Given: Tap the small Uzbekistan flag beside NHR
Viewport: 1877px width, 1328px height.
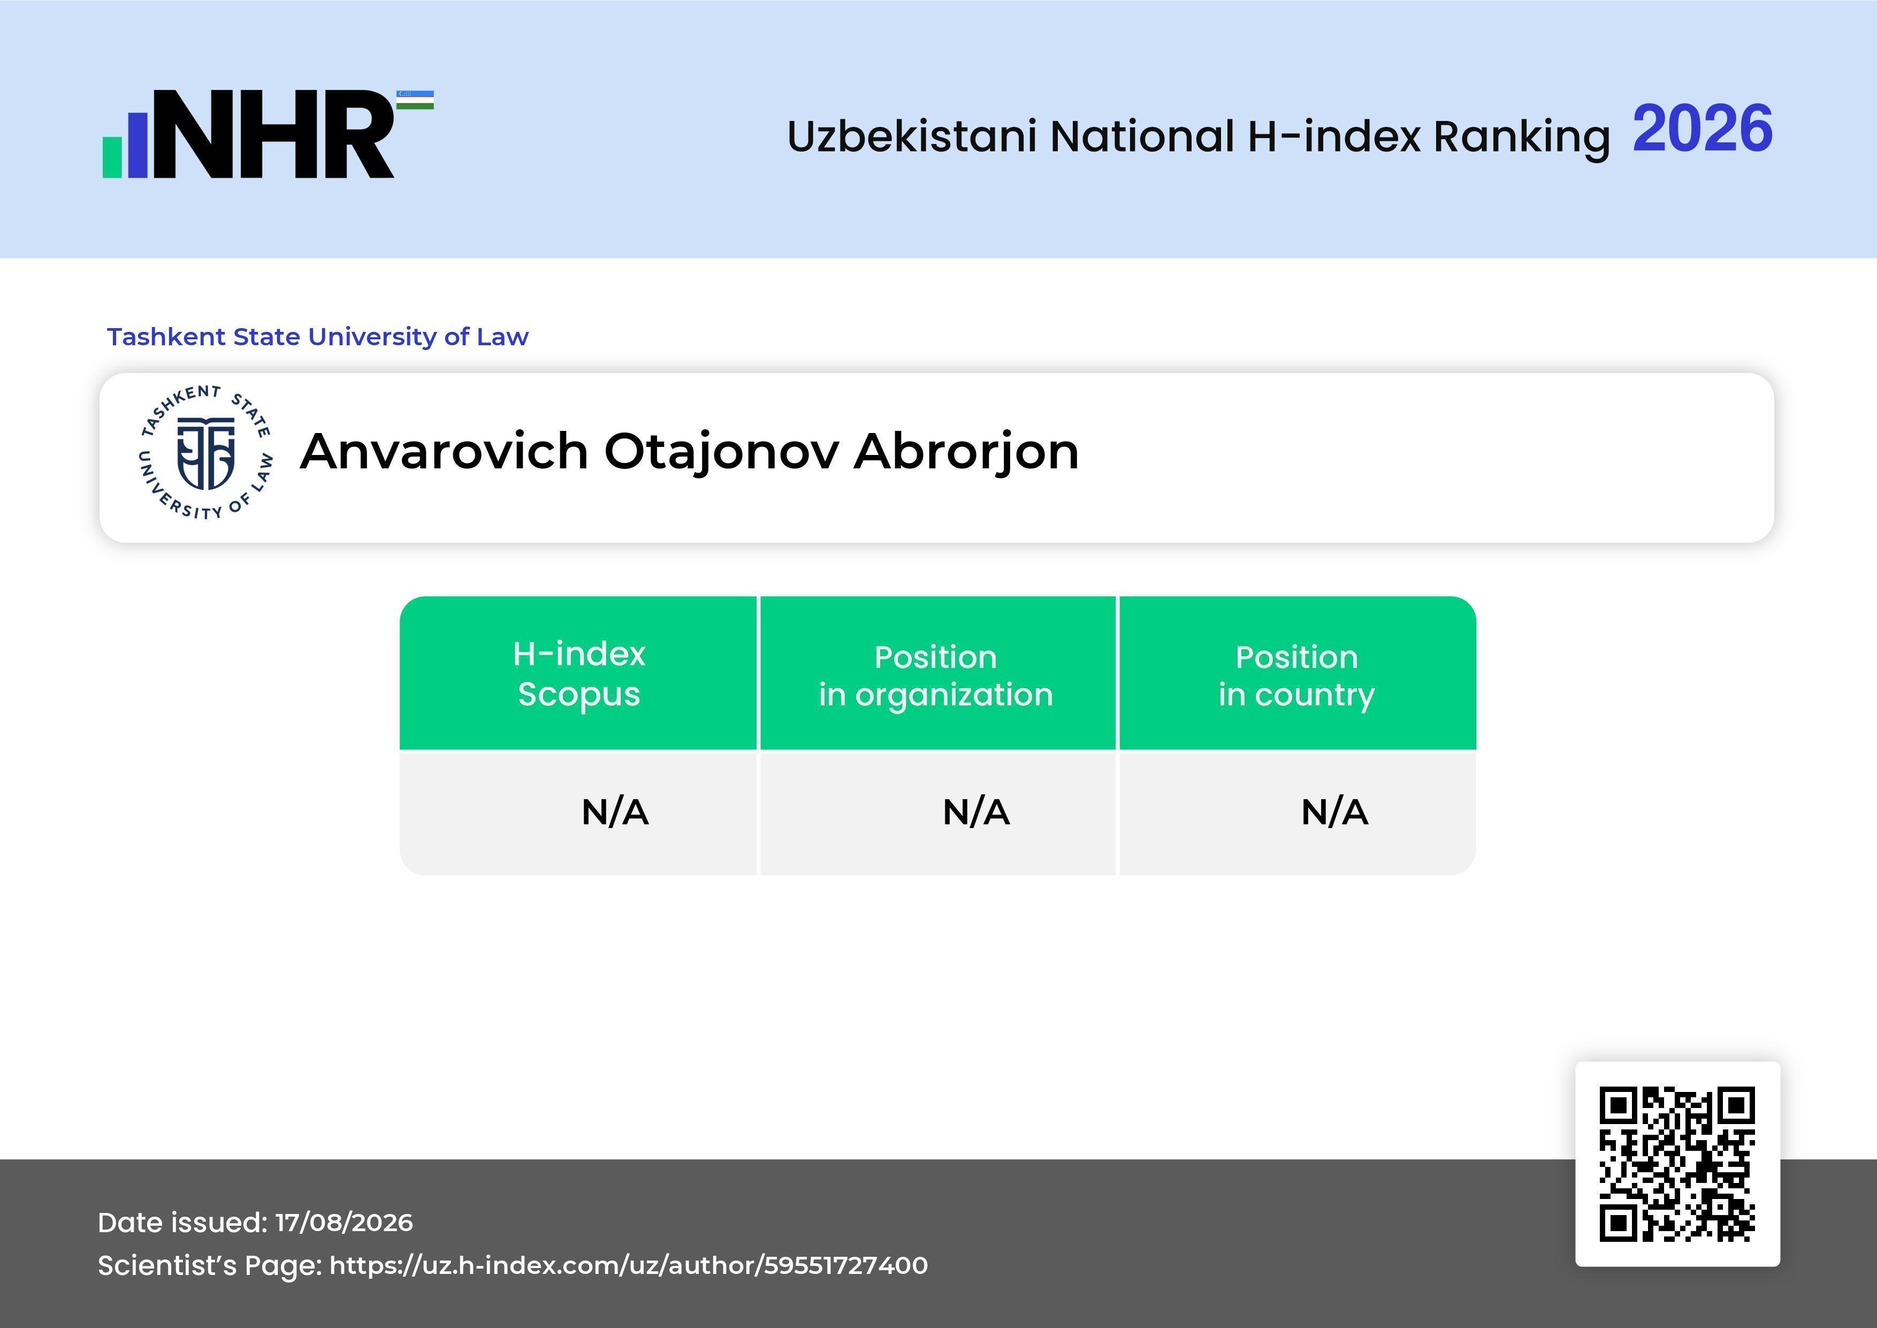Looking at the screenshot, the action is (415, 100).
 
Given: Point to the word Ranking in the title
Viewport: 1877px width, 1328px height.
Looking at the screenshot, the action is (1521, 138).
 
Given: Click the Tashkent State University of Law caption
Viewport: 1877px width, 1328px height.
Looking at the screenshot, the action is (318, 336).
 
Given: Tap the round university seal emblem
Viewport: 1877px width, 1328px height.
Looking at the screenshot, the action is (205, 452).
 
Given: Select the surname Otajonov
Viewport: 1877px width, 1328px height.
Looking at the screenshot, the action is (721, 453).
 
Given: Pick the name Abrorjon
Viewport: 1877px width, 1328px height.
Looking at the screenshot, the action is (966, 453).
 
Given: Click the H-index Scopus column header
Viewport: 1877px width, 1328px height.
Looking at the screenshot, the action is (579, 674).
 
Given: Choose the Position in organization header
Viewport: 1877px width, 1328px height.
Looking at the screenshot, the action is (936, 676).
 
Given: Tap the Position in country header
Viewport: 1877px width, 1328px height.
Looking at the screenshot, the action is (1296, 676).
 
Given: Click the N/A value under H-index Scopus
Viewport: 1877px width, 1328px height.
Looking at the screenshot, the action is (615, 812).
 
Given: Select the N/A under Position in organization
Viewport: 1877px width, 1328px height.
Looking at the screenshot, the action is (976, 812).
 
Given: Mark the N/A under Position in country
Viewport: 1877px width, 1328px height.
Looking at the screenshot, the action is (1334, 812).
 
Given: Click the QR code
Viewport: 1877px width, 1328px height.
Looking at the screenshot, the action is (1677, 1164).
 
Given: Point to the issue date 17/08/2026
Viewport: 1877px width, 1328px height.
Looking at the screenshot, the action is (344, 1223).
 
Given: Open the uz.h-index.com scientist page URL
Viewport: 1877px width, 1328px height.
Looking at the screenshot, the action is (629, 1265).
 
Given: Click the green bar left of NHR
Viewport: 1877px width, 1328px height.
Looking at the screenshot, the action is (112, 156).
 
